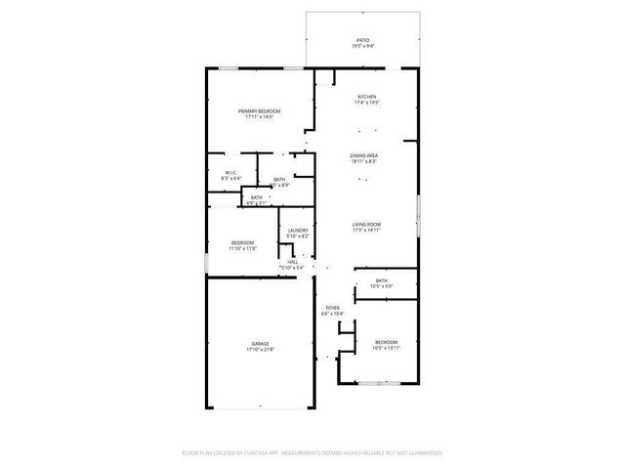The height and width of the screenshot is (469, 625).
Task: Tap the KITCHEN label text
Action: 366,96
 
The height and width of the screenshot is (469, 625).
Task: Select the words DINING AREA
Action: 365,155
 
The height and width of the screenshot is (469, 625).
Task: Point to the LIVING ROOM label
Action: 366,224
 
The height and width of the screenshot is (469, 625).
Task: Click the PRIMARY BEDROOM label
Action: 259,111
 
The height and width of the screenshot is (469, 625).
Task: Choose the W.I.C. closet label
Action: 230,172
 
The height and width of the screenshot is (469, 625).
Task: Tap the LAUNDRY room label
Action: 298,231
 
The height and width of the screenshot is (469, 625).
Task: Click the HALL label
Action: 292,260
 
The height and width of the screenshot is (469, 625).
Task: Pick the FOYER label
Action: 331,307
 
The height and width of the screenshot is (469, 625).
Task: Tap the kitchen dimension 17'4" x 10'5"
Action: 366,102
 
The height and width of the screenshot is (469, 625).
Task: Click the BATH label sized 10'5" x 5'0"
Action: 381,280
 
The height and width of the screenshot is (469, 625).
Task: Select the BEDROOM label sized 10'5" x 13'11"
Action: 386,341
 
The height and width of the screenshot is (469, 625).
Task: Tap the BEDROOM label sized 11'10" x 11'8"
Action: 242,242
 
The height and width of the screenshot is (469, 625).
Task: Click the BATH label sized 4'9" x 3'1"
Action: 257,197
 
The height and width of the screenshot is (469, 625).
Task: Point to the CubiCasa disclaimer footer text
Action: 312,453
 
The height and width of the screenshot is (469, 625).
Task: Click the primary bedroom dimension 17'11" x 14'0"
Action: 259,117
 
